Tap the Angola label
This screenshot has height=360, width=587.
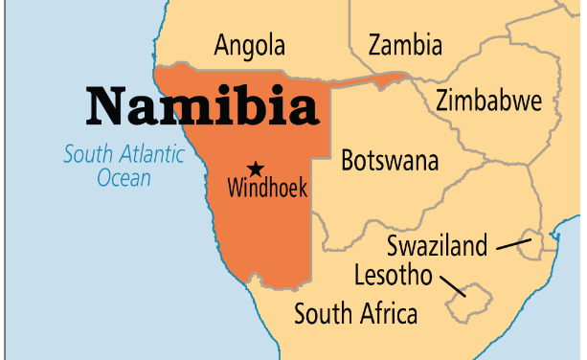tap(250, 45)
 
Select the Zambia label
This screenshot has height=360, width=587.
tap(406, 45)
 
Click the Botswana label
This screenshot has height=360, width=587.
tap(390, 160)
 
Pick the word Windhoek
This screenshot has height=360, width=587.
tap(267, 190)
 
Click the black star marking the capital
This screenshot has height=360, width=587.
tap(256, 169)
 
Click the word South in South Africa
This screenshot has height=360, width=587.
tap(321, 314)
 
